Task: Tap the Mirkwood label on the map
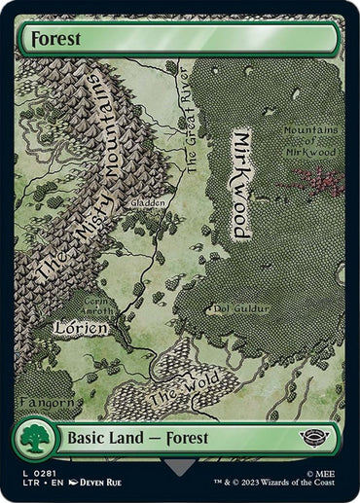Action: click(x=239, y=184)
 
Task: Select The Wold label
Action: click(x=176, y=393)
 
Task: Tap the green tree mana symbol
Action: click(x=36, y=440)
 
